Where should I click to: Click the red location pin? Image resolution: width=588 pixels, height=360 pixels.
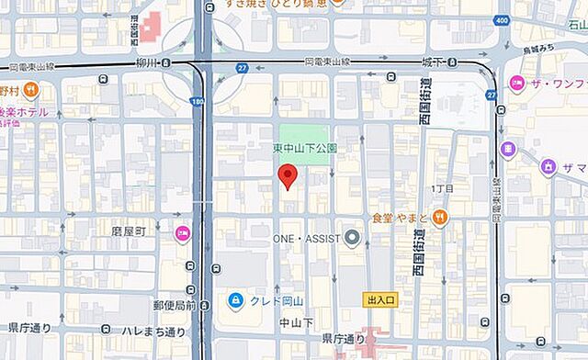pyautogui.click(x=288, y=175)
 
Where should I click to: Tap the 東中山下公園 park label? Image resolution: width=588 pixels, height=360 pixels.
pyautogui.click(x=305, y=148)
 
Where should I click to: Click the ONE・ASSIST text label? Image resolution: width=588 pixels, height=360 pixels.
pyautogui.click(x=306, y=238)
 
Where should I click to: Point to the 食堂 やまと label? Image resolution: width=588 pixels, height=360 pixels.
pyautogui.click(x=400, y=218)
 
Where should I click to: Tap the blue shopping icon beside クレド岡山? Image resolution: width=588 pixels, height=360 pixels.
pyautogui.click(x=236, y=300)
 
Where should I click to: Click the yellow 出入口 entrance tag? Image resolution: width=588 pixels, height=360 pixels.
pyautogui.click(x=379, y=300)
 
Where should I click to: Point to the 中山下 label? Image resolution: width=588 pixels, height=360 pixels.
pyautogui.click(x=296, y=323)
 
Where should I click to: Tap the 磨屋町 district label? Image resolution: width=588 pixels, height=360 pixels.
pyautogui.click(x=129, y=232)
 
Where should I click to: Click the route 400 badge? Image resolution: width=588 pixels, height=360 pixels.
pyautogui.click(x=501, y=19)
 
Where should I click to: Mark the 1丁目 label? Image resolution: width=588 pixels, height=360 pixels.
pyautogui.click(x=443, y=188)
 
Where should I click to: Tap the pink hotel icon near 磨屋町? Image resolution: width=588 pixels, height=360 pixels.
pyautogui.click(x=182, y=233)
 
